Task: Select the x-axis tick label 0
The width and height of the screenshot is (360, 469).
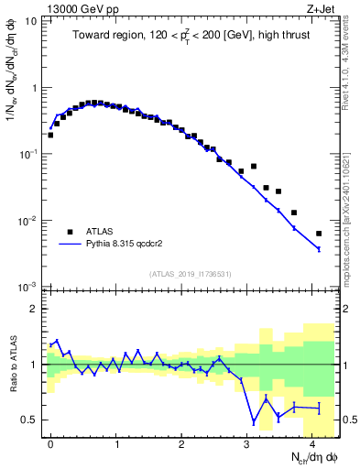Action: (x=50, y=442)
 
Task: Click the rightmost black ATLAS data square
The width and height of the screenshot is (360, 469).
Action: (x=319, y=234)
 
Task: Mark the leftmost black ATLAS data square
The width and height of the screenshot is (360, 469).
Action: (x=50, y=135)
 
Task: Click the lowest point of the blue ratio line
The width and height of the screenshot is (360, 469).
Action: (x=254, y=422)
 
